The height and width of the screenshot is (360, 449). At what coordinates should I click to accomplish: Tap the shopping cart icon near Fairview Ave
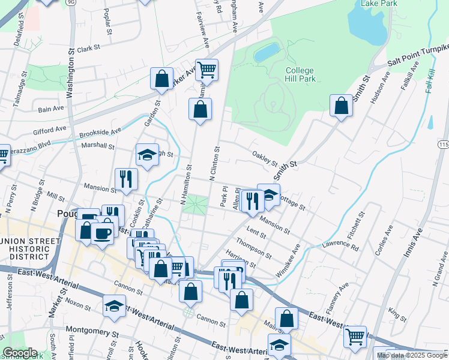(x=206, y=69)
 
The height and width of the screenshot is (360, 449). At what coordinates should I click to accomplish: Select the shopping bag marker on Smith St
(x=341, y=106)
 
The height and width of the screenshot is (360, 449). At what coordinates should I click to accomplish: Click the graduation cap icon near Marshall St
(x=147, y=155)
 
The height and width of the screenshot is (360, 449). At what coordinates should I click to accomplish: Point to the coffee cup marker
(x=103, y=232)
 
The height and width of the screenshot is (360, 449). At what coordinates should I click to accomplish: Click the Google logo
(x=20, y=353)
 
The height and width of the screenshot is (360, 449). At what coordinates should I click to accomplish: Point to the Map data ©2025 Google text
(x=411, y=355)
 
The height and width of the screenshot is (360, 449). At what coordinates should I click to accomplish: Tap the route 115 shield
(x=444, y=145)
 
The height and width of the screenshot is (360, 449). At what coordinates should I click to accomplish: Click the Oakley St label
(x=264, y=159)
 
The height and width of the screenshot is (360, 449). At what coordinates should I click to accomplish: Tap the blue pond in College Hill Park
(x=267, y=52)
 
